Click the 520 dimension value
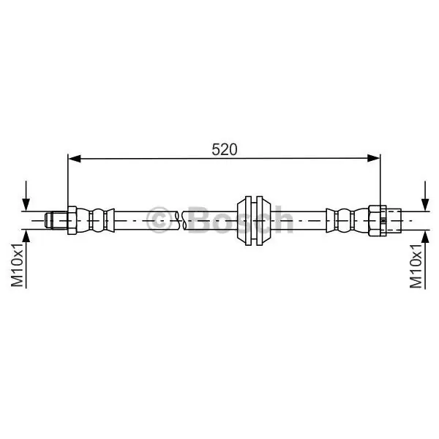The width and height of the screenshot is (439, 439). point(225,149)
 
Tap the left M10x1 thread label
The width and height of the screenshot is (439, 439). point(17,265)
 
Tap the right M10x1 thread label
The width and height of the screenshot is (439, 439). point(416,266)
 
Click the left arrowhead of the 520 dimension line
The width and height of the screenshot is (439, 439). point(75,159)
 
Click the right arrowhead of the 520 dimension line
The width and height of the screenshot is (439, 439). point(373,159)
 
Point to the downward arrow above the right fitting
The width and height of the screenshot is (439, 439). point(425,196)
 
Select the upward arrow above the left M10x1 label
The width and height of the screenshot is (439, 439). point(26,259)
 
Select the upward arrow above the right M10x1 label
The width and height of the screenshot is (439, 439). point(425,259)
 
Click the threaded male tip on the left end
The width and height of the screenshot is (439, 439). point(56,221)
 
